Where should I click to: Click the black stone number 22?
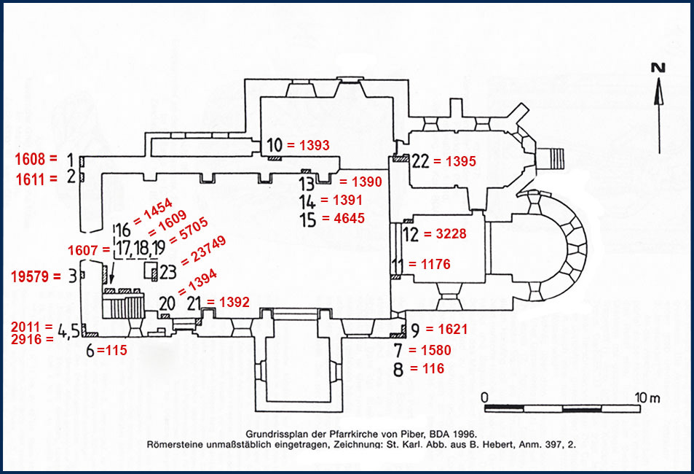(420, 160)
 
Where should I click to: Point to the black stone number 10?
(274, 144)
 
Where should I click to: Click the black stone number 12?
(411, 234)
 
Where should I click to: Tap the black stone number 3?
(72, 276)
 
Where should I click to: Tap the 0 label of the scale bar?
(485, 397)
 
